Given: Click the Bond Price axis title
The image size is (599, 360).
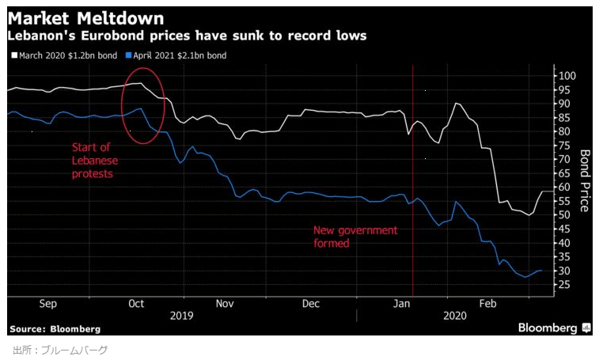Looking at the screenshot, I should [x=586, y=180].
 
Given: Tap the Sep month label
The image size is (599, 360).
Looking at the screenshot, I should [x=47, y=303].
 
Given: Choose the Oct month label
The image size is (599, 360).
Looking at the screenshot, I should [x=136, y=303].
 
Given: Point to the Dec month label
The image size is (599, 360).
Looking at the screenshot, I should [x=311, y=303].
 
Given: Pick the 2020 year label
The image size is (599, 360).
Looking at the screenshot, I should [x=454, y=315].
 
